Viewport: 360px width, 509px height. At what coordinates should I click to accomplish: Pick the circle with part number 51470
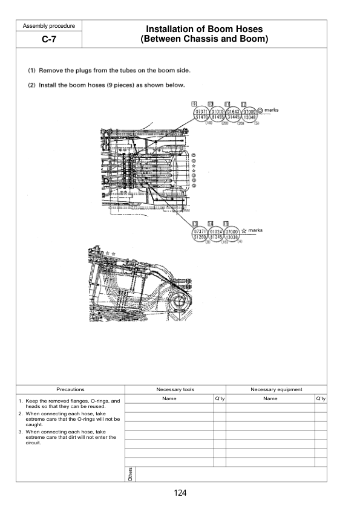coord(201,117)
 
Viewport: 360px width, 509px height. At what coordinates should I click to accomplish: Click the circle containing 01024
coord(217,231)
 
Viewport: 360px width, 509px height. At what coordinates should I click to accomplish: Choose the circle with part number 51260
coord(201,236)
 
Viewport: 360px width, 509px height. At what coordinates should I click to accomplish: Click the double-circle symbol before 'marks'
coord(260,111)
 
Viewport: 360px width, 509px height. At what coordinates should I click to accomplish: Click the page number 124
coord(180,493)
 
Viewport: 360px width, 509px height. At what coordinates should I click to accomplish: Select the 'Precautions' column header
coord(70,390)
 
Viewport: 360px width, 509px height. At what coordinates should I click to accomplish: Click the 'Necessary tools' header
coord(175,390)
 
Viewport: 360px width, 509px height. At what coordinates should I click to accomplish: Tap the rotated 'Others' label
coord(130,475)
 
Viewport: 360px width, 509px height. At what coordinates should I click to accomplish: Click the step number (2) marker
coord(31,84)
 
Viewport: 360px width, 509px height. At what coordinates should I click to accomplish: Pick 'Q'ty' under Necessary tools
coord(220,399)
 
